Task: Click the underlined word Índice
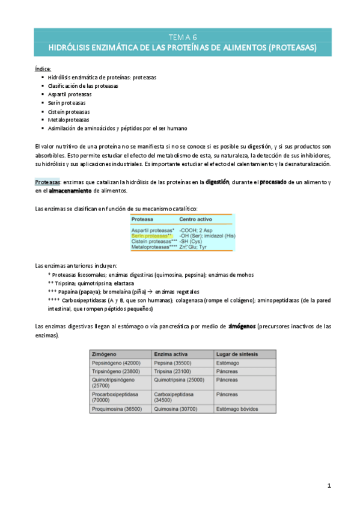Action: pyautogui.click(x=43, y=69)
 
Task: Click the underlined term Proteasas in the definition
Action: pyautogui.click(x=47, y=182)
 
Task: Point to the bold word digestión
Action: pyautogui.click(x=217, y=182)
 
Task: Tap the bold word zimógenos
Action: pyautogui.click(x=241, y=325)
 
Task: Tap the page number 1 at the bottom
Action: pyautogui.click(x=329, y=485)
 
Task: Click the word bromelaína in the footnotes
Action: pyautogui.click(x=106, y=291)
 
